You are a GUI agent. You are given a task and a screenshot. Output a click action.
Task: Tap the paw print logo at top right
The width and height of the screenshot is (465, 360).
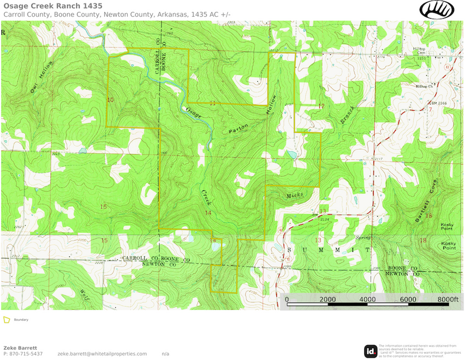pos(436,9)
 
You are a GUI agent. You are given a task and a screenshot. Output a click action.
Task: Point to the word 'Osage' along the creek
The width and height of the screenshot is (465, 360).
pos(194,113)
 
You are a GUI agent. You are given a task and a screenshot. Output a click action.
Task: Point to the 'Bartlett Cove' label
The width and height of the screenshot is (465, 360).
pos(425,202)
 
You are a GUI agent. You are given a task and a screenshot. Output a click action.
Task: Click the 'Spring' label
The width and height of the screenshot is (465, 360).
pos(363,236)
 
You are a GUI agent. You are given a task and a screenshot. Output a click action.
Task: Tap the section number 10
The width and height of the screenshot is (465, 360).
pos(110,100)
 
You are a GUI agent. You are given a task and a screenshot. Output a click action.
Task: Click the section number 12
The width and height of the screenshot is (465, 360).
pos(321,105)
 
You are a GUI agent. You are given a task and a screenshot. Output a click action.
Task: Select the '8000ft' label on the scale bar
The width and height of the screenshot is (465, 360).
pos(447,300)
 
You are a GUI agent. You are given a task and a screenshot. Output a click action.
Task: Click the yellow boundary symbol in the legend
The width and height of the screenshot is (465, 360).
pos(6,319)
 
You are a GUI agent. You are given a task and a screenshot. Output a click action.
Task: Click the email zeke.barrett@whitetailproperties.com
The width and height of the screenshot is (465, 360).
pos(102,354)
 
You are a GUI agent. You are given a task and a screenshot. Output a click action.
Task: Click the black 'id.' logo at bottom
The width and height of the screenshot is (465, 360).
pos(371,351)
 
